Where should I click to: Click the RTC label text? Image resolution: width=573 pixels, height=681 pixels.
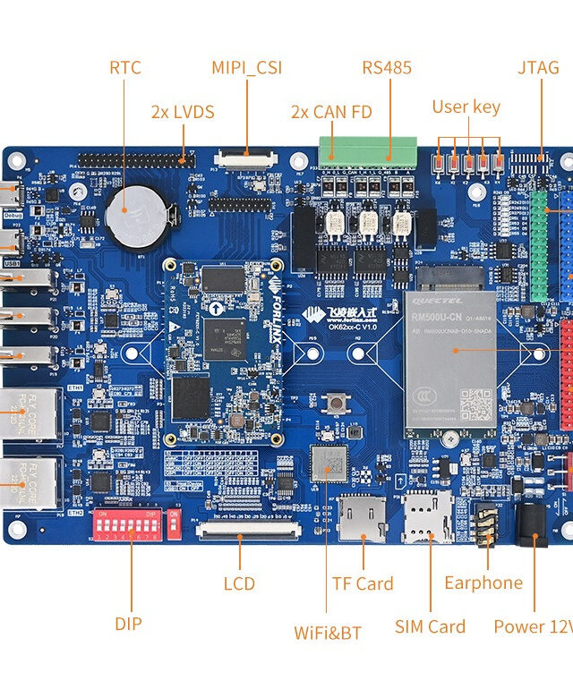[125, 67]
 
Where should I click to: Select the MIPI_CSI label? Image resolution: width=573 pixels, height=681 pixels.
[246, 67]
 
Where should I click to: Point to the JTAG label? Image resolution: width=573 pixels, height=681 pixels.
[538, 67]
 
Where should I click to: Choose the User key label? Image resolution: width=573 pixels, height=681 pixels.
[466, 106]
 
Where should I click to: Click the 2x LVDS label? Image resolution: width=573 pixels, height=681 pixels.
[183, 112]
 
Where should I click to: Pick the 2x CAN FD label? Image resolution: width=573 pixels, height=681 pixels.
[331, 112]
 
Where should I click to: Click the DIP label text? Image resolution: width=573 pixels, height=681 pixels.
[128, 624]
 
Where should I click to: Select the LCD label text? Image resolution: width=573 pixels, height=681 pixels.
[239, 583]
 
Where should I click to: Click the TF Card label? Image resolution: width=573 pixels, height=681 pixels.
[363, 583]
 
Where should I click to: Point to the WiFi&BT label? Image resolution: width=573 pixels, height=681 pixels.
[328, 633]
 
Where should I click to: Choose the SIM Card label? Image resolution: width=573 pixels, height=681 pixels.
[430, 626]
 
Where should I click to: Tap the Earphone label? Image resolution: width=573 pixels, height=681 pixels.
[483, 583]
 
